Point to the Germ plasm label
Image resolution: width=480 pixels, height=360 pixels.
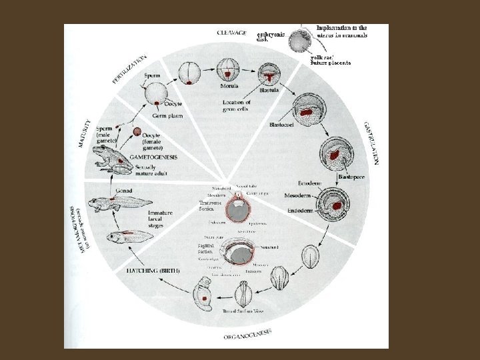pos(166,116)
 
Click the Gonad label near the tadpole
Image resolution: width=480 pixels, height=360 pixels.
pos(123,191)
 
